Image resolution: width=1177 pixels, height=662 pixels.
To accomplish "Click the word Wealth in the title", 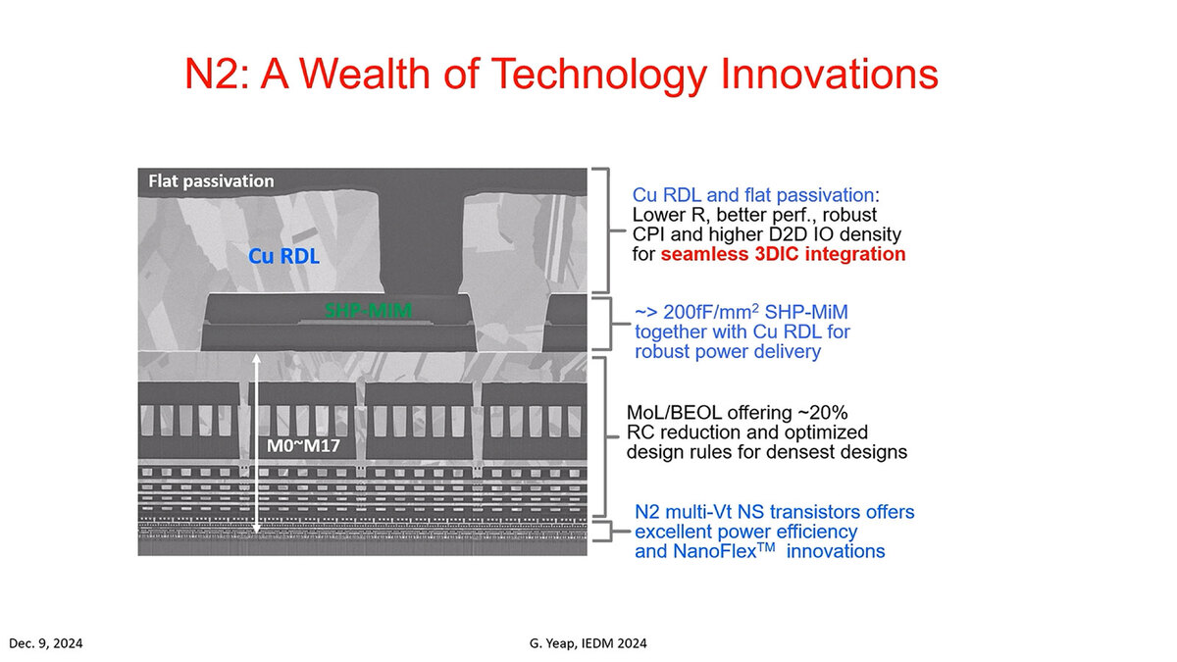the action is click(x=365, y=74).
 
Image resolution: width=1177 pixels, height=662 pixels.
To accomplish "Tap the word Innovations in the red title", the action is click(x=829, y=74).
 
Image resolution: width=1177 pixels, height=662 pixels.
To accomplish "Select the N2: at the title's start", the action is click(x=218, y=74).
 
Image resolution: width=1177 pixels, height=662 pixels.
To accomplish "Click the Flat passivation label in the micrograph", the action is click(x=211, y=181).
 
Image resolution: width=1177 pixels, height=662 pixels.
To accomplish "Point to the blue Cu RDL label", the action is click(x=283, y=256).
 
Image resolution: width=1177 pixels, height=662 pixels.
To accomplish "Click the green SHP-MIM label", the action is click(x=369, y=311).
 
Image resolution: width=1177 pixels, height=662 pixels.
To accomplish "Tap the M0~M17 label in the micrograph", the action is click(x=303, y=446).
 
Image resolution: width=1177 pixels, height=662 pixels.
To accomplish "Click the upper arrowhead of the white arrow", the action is click(x=256, y=359).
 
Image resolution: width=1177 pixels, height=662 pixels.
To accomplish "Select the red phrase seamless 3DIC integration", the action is click(x=783, y=254).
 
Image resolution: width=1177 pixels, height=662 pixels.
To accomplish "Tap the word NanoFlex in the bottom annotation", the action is click(x=724, y=551).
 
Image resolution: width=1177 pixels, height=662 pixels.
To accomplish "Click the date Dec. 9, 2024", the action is click(x=46, y=643).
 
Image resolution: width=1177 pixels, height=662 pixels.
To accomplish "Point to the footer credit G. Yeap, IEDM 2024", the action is click(x=588, y=643).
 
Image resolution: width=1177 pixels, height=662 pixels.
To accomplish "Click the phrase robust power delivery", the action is click(x=728, y=352).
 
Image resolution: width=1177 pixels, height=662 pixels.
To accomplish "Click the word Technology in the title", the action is click(x=598, y=75).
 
